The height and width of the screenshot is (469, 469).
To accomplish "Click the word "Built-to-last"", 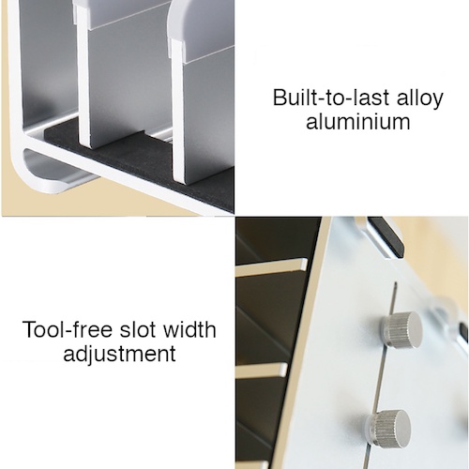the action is pos(332,98).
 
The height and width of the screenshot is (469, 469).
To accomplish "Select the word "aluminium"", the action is pos(358,121).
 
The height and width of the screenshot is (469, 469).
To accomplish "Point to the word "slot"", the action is pos(139,329).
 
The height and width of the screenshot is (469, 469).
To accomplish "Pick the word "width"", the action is pos(190,329).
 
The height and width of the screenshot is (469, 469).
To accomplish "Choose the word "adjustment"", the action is pos(119,354).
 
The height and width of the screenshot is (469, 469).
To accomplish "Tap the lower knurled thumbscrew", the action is pos(387,428).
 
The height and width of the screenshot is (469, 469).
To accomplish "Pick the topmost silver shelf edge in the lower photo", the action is pos(271,267).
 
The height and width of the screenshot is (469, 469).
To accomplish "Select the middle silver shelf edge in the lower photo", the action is pos(262,370).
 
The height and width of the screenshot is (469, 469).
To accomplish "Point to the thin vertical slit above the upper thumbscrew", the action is pos(394,297).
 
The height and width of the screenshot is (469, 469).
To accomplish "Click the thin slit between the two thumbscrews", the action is pos(382,378).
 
